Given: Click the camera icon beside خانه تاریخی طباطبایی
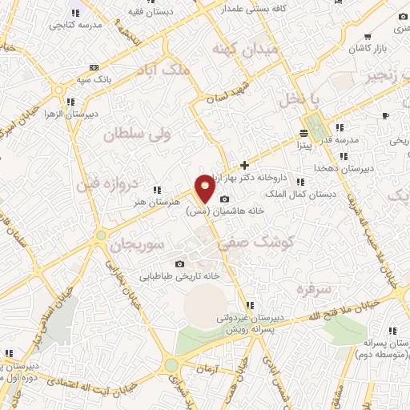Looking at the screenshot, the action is pos(179,263).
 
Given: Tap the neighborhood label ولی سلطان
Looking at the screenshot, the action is pos(133,134).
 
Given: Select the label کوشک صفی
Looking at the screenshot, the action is pos(267,239).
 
